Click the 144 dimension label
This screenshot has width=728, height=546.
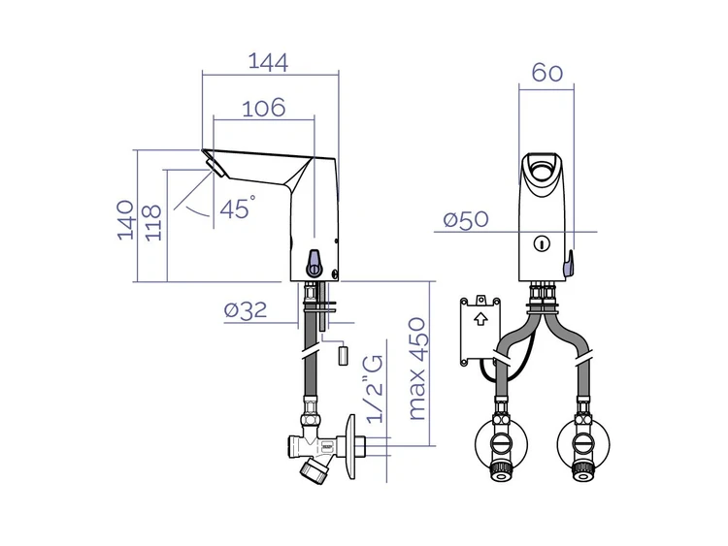coord(268,62)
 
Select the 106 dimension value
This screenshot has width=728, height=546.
coord(264,108)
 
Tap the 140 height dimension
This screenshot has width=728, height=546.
coord(125,220)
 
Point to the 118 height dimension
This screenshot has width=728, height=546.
coord(153,223)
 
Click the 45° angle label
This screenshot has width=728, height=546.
coord(237,208)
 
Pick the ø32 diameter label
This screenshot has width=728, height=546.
coord(246,310)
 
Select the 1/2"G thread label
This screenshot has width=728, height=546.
coord(375,389)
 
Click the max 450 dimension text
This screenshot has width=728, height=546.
coord(416,369)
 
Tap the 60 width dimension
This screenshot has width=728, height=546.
coord(546,73)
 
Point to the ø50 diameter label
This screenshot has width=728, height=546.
coord(466,219)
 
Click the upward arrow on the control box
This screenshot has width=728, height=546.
coord(480,319)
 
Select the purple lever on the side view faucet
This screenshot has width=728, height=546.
coord(314,263)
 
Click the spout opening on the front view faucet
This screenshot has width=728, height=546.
coord(541,169)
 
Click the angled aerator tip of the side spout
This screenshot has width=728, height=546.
coord(215,167)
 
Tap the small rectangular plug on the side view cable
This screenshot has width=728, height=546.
coord(343,355)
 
